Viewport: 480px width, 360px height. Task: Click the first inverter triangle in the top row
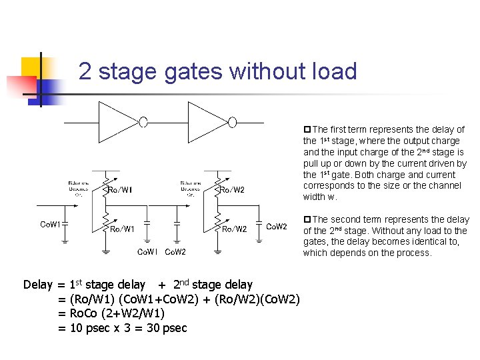(x=119, y=121)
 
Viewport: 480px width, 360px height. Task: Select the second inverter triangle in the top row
(x=208, y=121)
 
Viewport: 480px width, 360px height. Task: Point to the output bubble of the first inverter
(x=143, y=121)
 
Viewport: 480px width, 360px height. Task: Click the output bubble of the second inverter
(x=233, y=121)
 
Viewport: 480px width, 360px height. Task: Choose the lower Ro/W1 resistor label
(x=122, y=229)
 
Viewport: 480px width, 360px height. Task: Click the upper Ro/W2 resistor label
(x=232, y=190)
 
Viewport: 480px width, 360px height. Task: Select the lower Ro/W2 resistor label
(x=234, y=229)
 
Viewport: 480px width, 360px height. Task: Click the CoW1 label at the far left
(x=50, y=225)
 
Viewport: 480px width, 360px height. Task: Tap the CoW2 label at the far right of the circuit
(x=277, y=227)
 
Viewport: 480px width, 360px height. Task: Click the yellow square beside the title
(x=31, y=67)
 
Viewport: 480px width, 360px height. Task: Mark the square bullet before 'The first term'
(x=307, y=129)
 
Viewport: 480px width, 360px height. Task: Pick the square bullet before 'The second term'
(x=307, y=219)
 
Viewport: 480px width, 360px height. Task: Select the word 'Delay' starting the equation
(x=37, y=285)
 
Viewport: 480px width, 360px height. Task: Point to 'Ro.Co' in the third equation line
(x=85, y=313)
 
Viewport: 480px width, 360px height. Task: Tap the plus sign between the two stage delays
(x=162, y=285)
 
